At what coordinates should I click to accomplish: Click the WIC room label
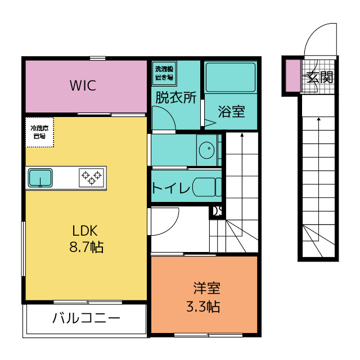point(83,85)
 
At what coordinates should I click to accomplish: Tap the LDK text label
point(85,231)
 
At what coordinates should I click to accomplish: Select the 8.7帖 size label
point(86,247)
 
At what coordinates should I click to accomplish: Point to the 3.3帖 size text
point(203,306)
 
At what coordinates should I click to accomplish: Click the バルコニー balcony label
point(86,318)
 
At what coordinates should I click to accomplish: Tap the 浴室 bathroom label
point(231,111)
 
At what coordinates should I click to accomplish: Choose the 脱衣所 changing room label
point(176,97)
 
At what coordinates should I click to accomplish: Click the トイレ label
point(171,187)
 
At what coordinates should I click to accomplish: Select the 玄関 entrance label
point(320,77)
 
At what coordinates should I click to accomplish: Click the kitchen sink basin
point(40,178)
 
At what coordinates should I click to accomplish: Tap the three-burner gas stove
point(91,178)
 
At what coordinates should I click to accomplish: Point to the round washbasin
point(206,150)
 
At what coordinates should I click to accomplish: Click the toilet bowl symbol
point(207,187)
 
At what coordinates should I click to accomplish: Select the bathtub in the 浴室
point(231,78)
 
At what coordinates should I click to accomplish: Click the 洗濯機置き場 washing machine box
point(164,73)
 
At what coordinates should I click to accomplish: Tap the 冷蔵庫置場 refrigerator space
point(39,132)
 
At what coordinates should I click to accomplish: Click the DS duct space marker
point(217,211)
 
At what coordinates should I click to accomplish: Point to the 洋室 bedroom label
point(207,288)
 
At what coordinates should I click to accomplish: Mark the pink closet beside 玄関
point(293,75)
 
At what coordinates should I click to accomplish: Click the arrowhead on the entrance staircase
point(319,119)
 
